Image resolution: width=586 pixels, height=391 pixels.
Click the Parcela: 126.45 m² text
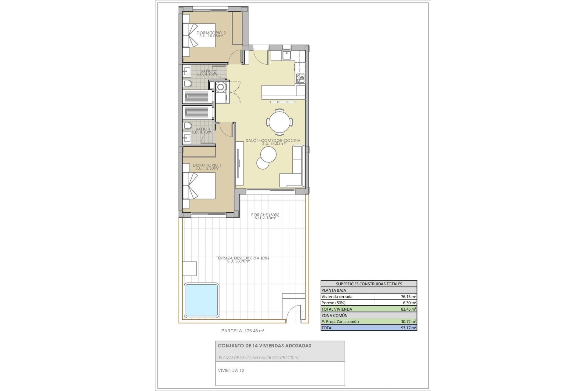coord(242,331)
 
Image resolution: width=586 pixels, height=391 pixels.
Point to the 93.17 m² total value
coord(409,328)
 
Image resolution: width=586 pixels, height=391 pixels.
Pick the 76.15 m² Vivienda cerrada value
coord(409,297)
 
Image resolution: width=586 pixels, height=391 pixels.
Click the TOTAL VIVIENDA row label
coord(337,309)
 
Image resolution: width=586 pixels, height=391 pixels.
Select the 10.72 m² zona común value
coord(409,322)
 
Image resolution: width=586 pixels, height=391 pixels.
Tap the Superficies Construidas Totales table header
coord(369,284)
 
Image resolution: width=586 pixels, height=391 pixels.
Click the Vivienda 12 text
coord(231,371)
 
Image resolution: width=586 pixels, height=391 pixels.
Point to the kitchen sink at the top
coord(287,55)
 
